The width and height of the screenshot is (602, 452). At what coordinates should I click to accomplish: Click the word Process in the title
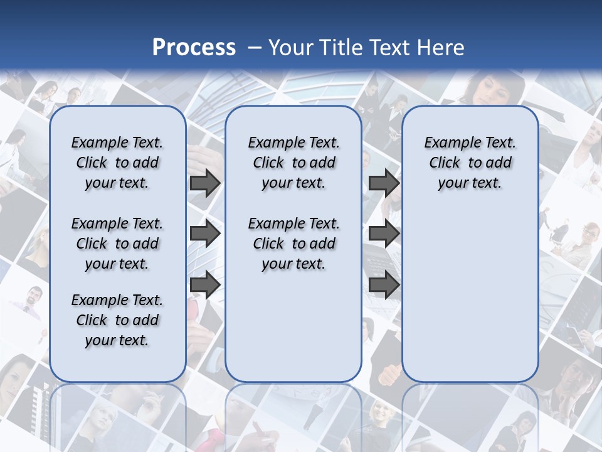coord(194,48)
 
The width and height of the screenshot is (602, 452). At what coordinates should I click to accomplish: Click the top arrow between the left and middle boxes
coord(205,183)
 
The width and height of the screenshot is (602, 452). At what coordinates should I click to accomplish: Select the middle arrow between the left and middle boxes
coord(205,234)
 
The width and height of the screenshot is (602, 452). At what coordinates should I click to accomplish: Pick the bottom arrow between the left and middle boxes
coord(205,285)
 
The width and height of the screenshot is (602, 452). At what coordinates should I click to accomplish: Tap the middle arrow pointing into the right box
coord(384,234)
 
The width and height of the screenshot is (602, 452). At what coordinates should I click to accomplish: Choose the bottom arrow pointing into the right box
coord(384,285)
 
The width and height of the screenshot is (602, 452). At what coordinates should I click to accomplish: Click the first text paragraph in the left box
coord(117,163)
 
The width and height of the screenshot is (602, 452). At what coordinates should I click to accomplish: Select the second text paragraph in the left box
coord(117,244)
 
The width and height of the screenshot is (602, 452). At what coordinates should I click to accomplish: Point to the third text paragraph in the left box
coord(117,320)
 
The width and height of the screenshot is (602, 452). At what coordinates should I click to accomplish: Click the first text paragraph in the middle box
coord(293,163)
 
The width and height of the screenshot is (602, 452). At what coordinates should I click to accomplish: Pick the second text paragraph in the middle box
coord(293,244)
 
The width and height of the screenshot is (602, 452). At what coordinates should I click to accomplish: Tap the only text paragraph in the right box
coord(470,163)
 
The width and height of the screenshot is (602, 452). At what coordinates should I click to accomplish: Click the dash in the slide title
coord(255,48)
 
